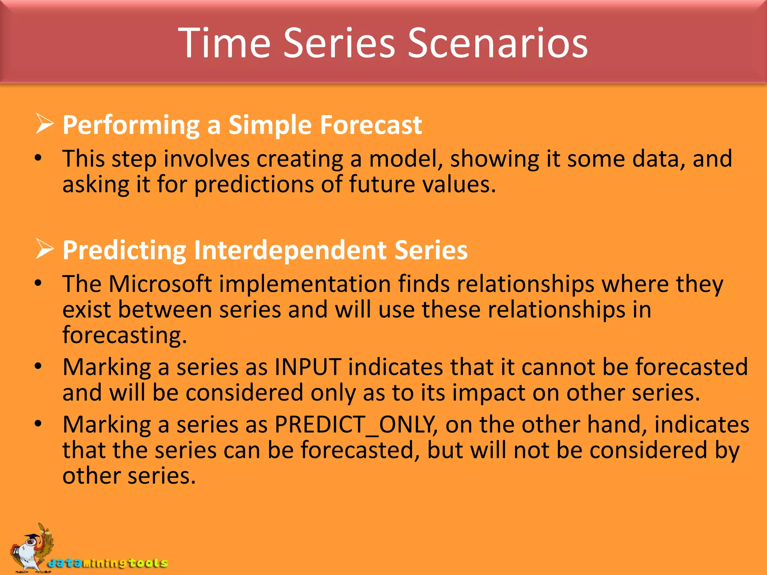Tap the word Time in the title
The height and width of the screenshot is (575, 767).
(x=224, y=43)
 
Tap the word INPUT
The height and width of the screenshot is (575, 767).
(x=308, y=367)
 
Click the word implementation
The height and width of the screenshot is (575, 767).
(x=305, y=284)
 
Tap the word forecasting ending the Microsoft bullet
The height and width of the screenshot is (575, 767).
(x=124, y=335)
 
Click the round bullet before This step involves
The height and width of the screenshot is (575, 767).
(x=38, y=158)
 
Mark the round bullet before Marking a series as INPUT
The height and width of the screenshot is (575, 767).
(x=38, y=366)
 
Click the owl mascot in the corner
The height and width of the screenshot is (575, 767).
(x=32, y=548)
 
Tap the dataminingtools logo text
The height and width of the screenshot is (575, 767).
(x=108, y=563)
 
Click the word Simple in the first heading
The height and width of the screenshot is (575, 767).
(x=270, y=125)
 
